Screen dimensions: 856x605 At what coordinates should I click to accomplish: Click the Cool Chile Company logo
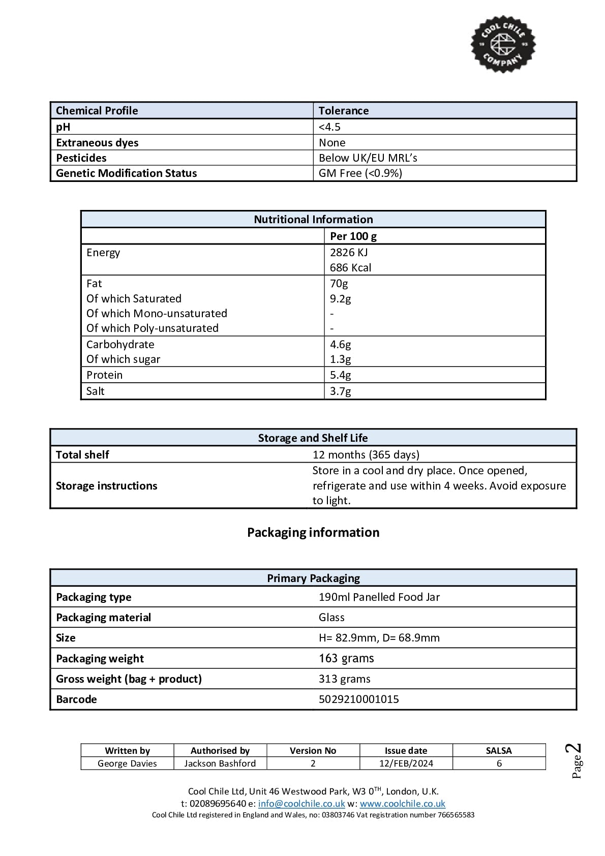[x=502, y=44]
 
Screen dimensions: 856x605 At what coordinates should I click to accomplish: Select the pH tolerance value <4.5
[x=329, y=127]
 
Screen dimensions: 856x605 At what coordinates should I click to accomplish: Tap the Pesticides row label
[x=81, y=158]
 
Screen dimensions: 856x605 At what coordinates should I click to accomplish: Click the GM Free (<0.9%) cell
[x=360, y=173]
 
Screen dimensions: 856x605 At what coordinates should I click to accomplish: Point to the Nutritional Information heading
[x=313, y=220]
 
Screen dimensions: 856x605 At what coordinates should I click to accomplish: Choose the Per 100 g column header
[x=353, y=236]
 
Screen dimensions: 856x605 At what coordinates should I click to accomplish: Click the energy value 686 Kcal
[x=350, y=268]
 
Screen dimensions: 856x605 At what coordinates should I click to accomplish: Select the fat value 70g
[x=339, y=284]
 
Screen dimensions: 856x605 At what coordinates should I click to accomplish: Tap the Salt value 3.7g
[x=340, y=391]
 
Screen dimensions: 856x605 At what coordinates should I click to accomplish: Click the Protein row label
[x=104, y=375]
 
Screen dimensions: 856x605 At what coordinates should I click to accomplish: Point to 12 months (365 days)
[x=366, y=455]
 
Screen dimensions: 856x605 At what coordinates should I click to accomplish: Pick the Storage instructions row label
[x=106, y=486]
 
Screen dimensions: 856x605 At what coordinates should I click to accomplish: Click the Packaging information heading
[x=313, y=533]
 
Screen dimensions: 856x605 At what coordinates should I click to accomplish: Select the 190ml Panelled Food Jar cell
[x=379, y=597]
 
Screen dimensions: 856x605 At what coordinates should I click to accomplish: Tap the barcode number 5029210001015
[x=358, y=699]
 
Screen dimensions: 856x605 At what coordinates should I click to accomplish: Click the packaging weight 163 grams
[x=346, y=659]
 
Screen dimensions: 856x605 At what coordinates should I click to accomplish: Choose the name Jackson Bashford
[x=220, y=763]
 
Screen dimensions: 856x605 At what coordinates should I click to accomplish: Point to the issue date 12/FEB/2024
[x=406, y=763]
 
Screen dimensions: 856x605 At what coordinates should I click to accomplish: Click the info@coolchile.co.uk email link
[x=301, y=804]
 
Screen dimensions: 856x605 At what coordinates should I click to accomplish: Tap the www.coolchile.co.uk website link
[x=402, y=804]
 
